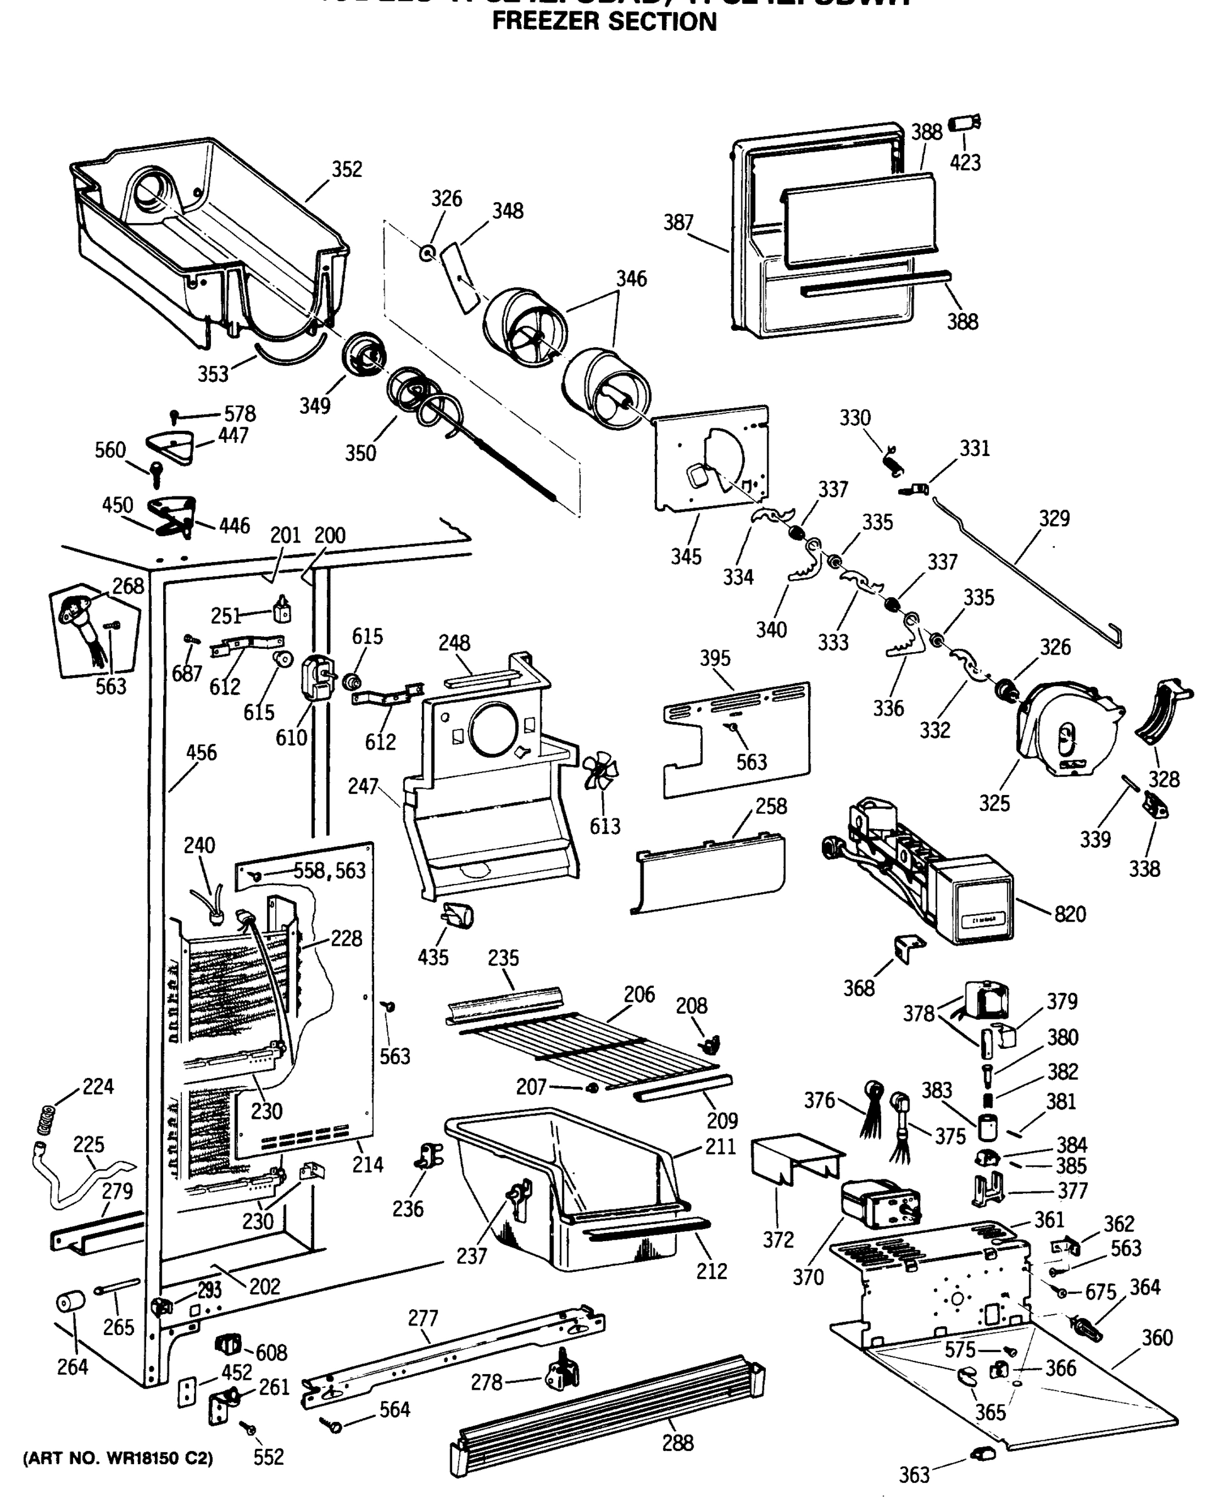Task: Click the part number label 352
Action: click(x=346, y=169)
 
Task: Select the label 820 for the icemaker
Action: click(x=1069, y=913)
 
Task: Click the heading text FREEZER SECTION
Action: click(x=604, y=22)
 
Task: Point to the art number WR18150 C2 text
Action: click(x=118, y=1458)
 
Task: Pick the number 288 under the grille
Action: click(x=677, y=1443)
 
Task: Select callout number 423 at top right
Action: click(x=965, y=163)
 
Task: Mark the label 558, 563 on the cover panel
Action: click(x=329, y=870)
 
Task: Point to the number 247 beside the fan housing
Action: click(x=363, y=786)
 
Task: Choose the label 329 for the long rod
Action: click(x=1054, y=518)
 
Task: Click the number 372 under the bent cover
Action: click(x=778, y=1240)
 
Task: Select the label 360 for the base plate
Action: click(x=1157, y=1338)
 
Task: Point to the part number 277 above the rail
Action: click(x=423, y=1319)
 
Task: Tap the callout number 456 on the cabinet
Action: click(x=202, y=752)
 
